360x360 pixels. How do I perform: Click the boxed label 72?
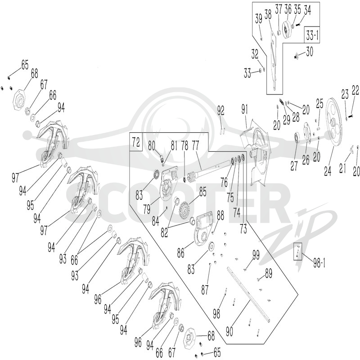point(136,142)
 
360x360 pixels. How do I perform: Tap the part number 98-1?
point(319,263)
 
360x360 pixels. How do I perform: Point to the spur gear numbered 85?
point(185,211)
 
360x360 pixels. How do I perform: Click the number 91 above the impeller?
point(244,110)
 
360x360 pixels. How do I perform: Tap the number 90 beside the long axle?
point(229,331)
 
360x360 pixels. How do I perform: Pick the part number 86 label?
point(181,253)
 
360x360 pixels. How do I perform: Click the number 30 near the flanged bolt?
point(309,52)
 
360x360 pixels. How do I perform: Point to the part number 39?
point(259,18)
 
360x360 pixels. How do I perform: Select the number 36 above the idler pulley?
point(288,9)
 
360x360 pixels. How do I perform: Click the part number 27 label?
point(294,165)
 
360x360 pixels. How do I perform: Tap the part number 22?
point(355,90)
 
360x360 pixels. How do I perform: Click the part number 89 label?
point(268,274)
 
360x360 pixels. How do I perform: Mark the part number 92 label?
point(220,111)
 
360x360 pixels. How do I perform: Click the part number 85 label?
point(203,192)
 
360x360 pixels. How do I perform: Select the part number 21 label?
point(342,168)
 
